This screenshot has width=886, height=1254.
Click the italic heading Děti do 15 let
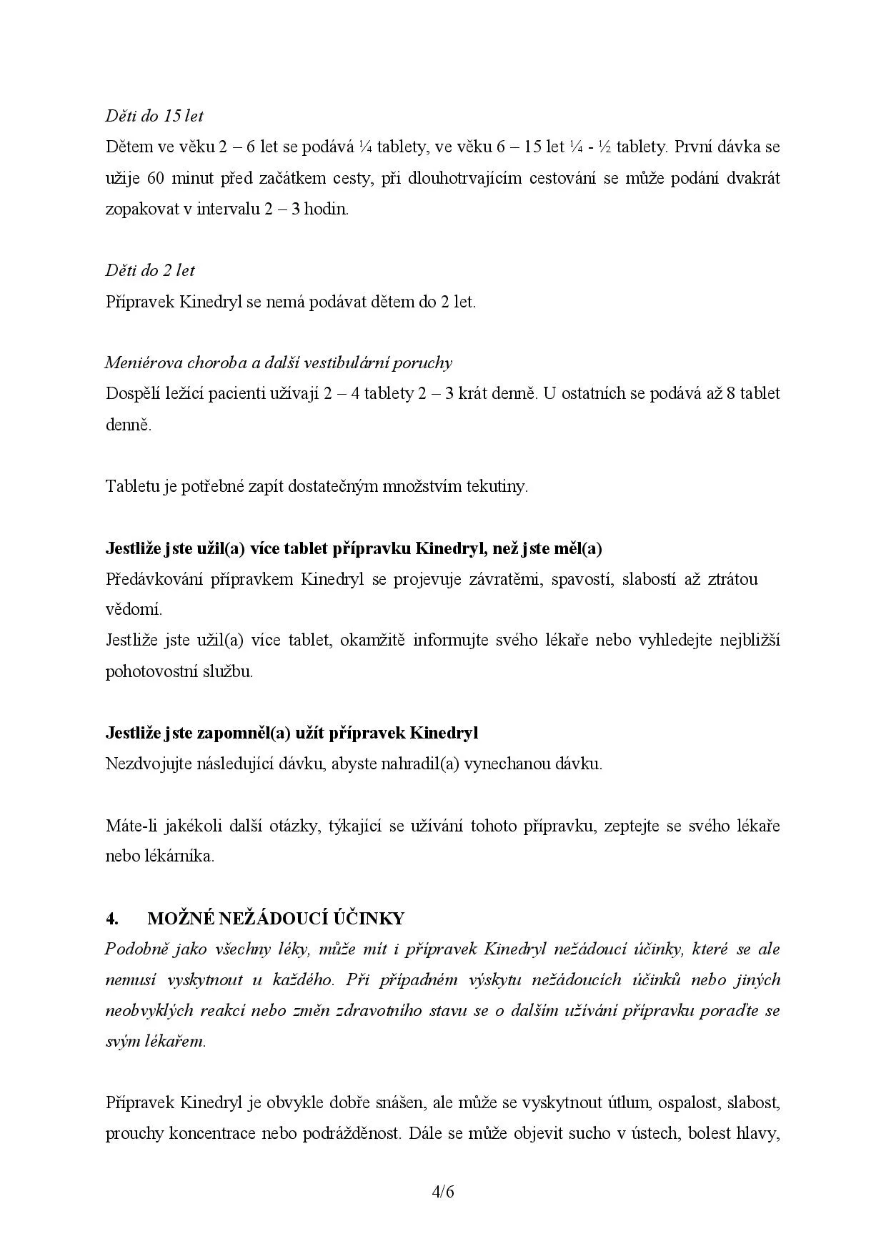point(154,116)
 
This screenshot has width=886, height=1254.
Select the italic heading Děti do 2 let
point(150,270)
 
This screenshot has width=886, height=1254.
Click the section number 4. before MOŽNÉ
point(111,919)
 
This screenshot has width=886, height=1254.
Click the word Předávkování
point(154,578)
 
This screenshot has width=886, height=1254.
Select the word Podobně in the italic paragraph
point(135,949)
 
